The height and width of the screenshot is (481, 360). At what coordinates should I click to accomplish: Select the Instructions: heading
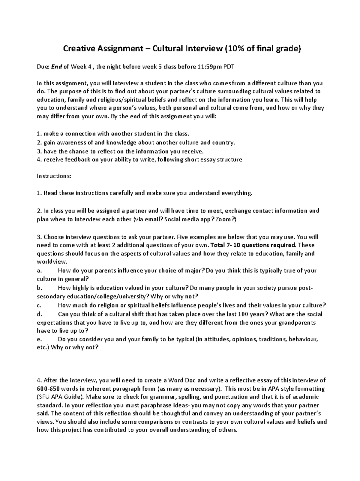point(54,176)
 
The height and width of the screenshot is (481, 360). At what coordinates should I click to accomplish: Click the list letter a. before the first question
point(39,271)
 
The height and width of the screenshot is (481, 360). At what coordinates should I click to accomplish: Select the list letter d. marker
point(40,314)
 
